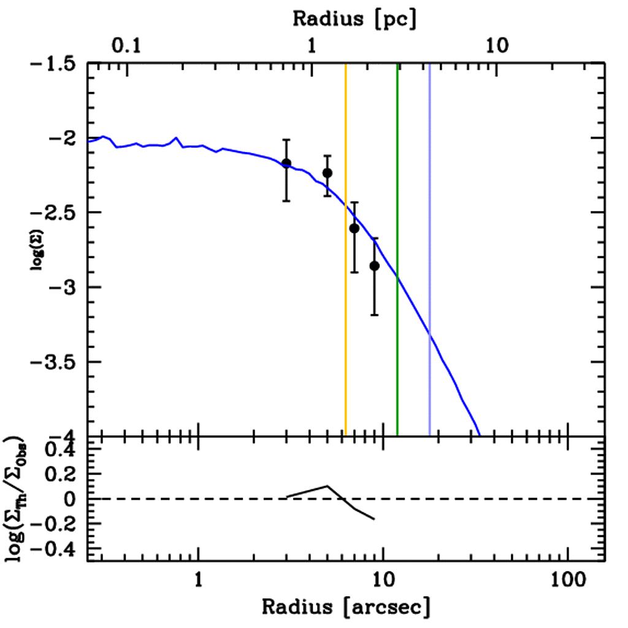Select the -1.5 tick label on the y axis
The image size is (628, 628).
[x=53, y=63]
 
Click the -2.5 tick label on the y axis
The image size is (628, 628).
[x=53, y=212]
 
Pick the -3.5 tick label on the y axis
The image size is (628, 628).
[x=53, y=362]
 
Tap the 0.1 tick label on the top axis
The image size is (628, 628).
[x=127, y=46]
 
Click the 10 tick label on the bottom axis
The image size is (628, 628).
[x=383, y=579]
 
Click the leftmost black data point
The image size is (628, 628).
[x=286, y=163]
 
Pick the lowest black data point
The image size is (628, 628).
[x=374, y=266]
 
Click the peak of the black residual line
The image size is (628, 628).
[x=327, y=486]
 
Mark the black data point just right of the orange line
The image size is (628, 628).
[x=354, y=228]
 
